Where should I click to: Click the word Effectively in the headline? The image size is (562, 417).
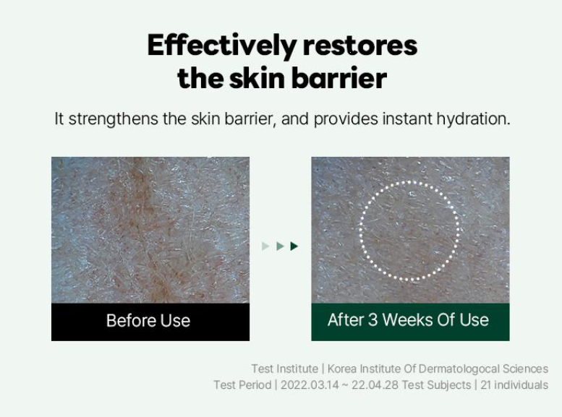222,46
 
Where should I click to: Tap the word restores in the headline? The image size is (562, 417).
360,46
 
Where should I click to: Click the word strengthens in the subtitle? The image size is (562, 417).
114,119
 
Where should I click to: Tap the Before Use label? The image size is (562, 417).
148,320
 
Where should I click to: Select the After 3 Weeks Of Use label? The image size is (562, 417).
408,319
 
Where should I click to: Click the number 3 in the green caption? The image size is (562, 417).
372,319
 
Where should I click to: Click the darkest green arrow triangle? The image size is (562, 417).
294,246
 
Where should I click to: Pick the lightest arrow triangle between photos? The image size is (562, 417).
265,246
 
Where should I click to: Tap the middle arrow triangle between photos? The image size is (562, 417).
280,246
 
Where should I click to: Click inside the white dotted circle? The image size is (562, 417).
409,231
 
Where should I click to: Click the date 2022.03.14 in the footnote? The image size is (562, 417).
310,384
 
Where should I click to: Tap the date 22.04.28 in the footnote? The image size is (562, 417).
375,384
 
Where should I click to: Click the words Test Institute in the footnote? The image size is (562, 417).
284,369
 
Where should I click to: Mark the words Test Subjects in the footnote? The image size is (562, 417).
436,384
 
